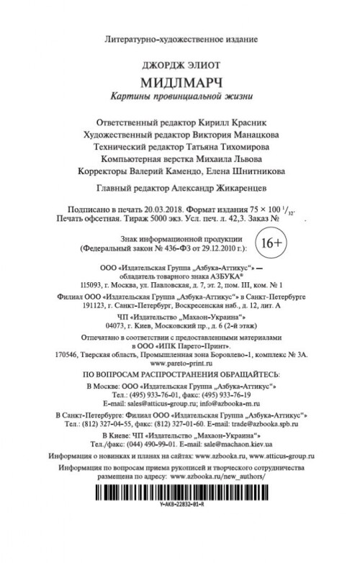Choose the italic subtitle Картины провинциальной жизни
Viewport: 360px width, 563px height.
179,95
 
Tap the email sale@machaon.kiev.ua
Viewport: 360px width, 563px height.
239,446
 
